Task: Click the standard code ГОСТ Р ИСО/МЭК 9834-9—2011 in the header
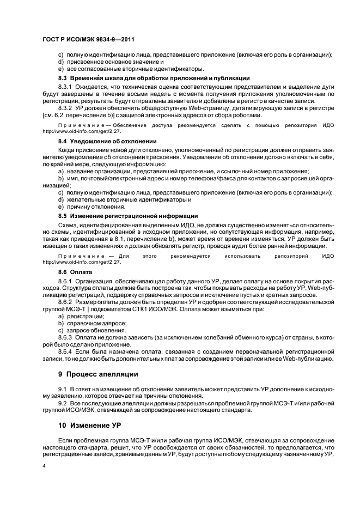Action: click(88, 40)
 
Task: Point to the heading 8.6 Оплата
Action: click(75, 271)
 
